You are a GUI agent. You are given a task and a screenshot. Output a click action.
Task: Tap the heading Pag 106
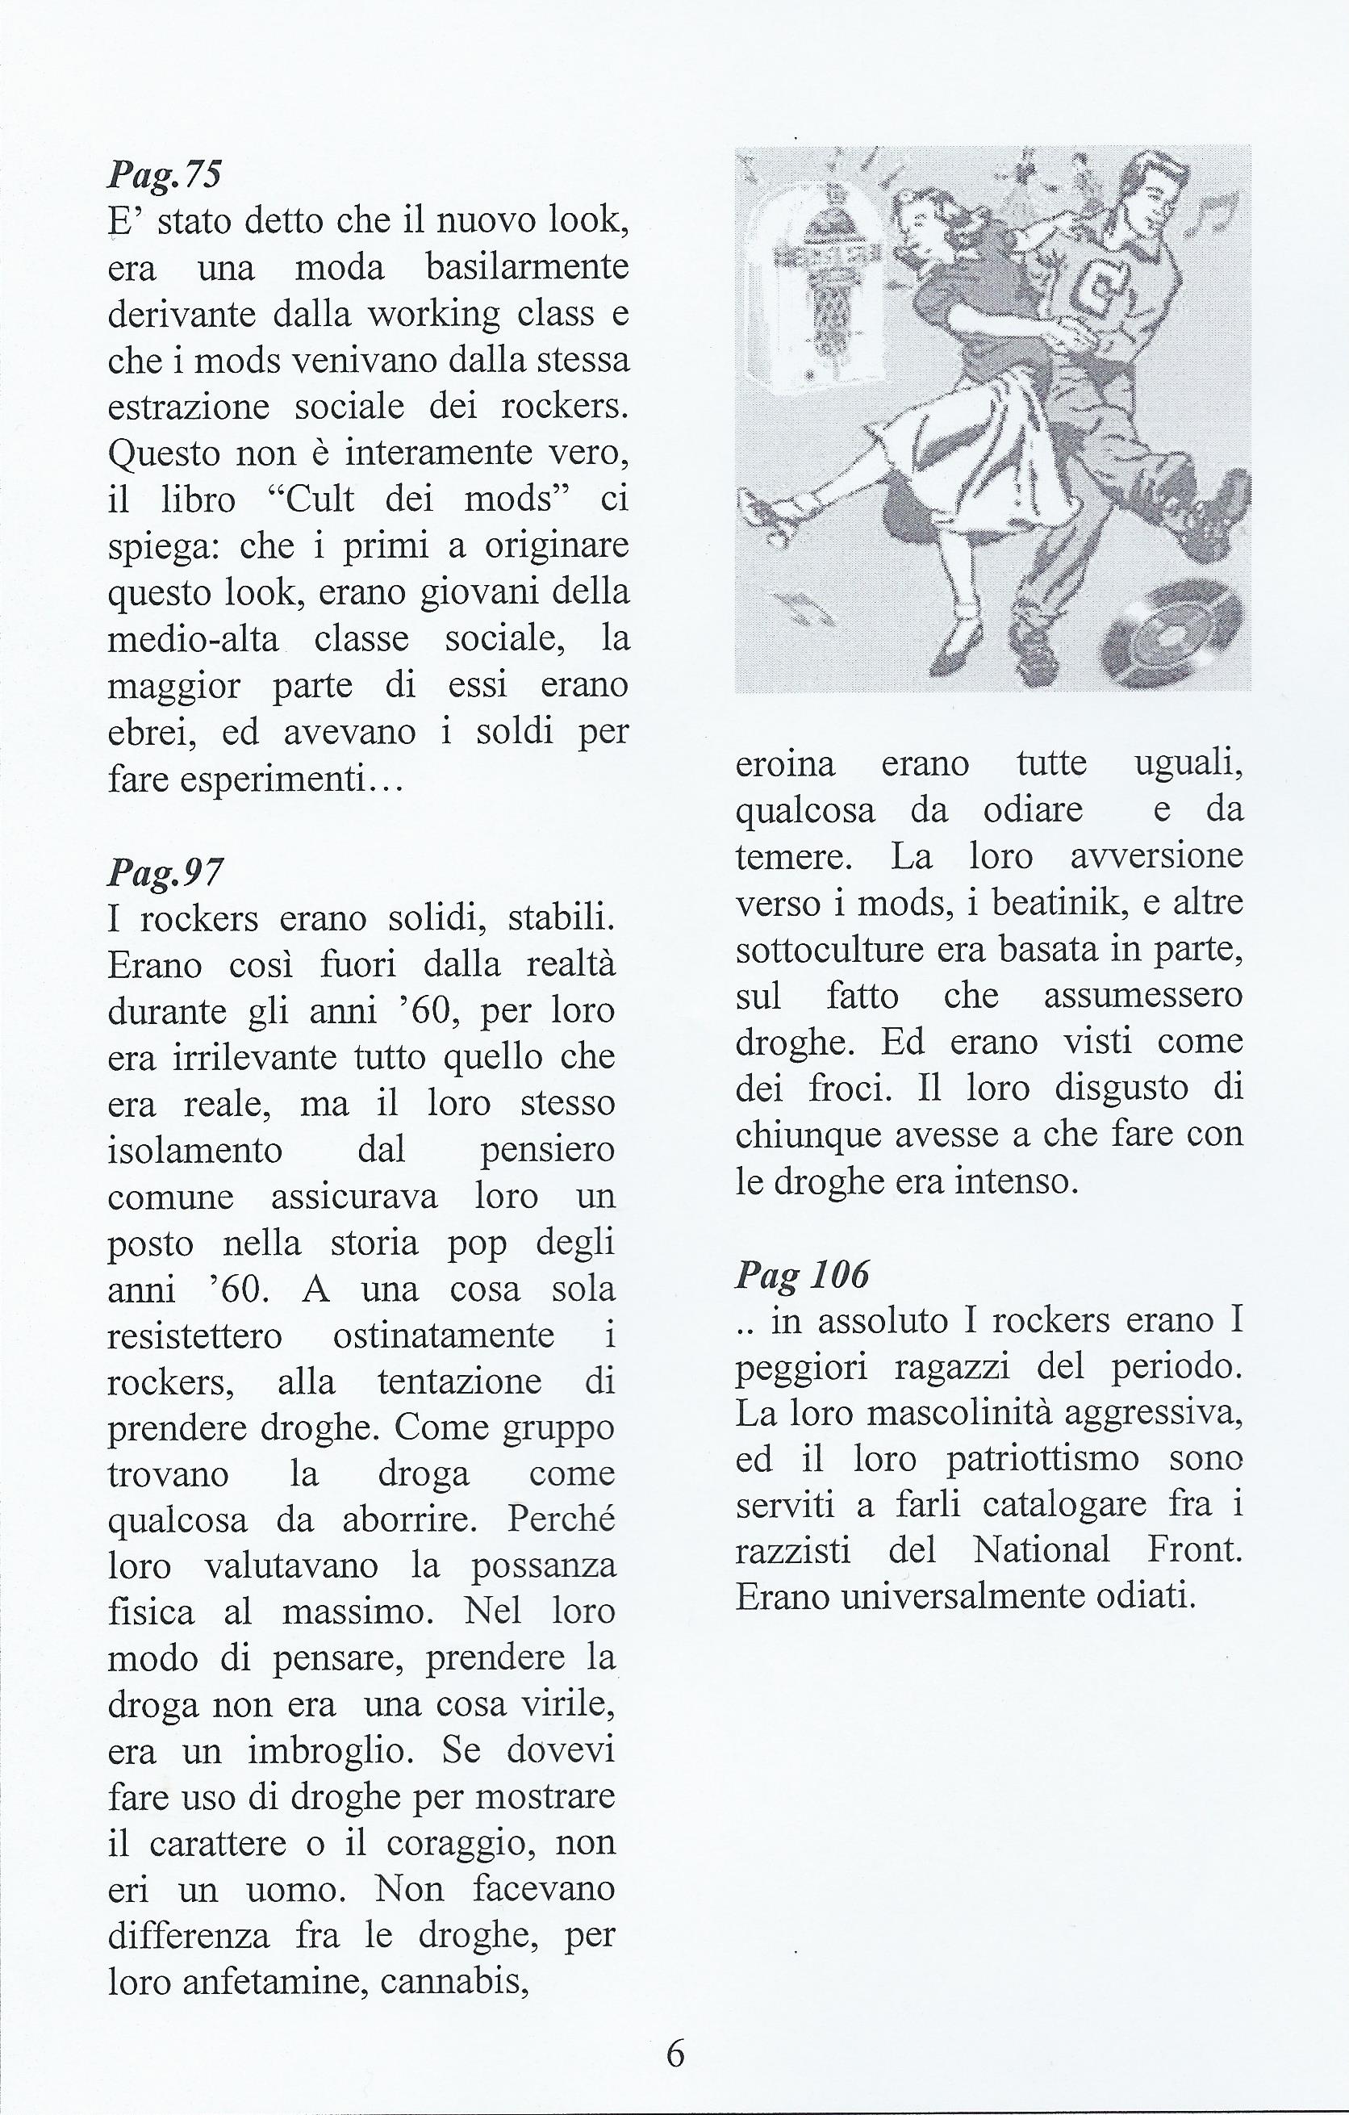(802, 1273)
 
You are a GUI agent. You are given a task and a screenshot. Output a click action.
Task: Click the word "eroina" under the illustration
(785, 764)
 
